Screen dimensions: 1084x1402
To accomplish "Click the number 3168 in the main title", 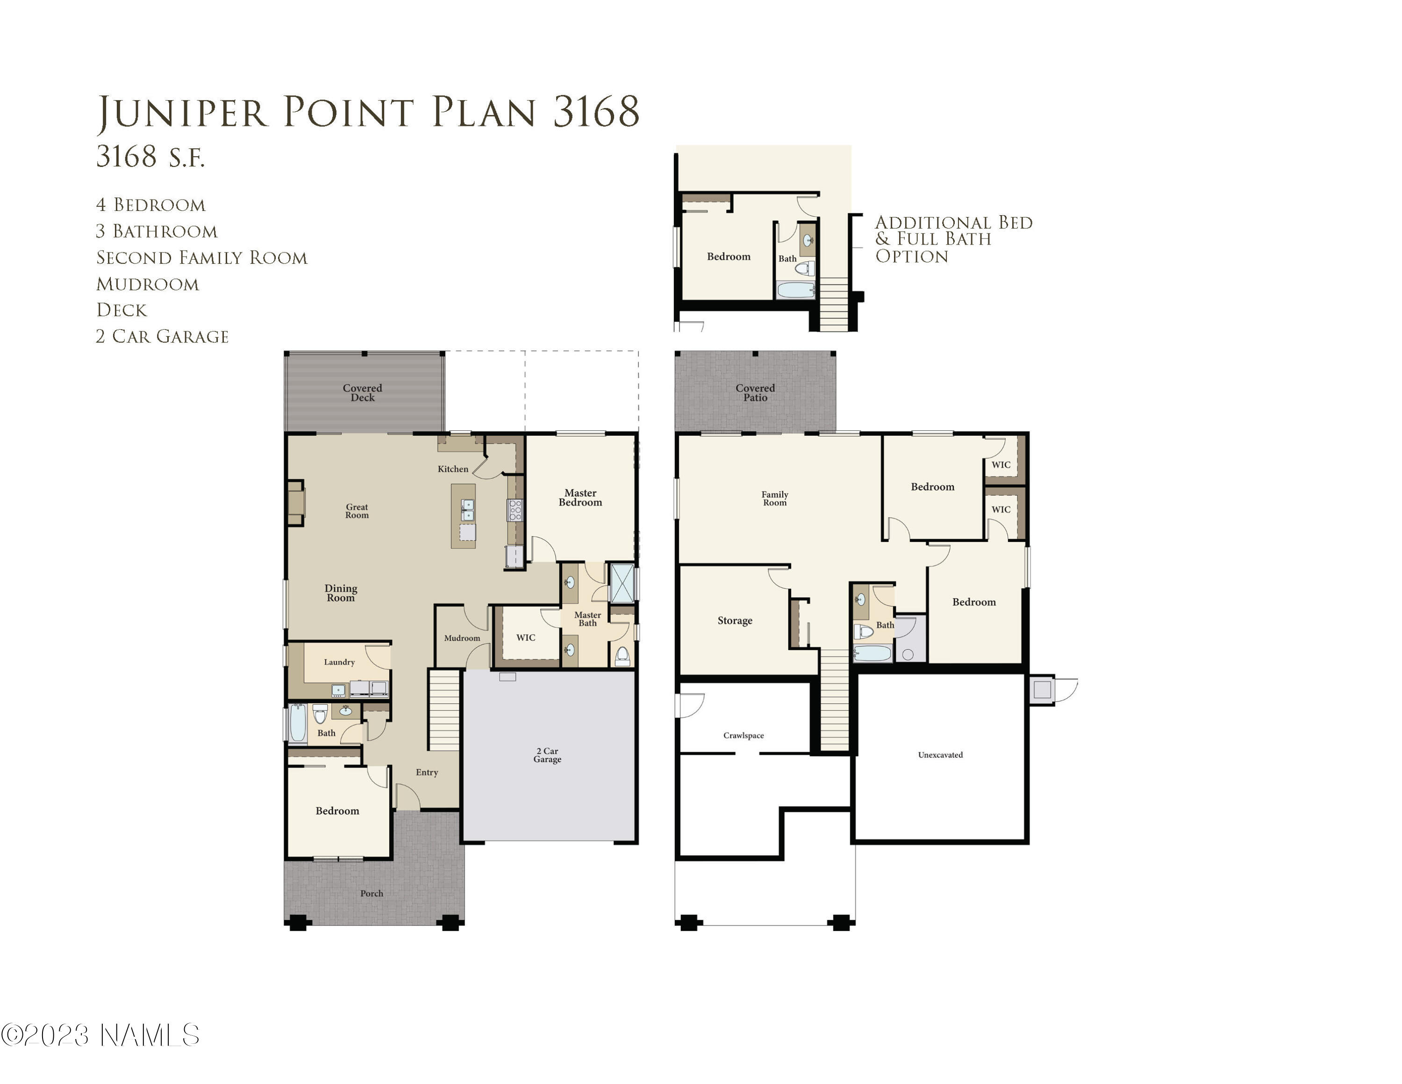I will pos(596,112).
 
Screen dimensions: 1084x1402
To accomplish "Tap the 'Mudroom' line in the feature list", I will pos(148,284).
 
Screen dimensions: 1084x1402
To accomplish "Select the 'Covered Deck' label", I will pos(362,392).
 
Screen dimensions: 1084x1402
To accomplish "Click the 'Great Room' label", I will pos(357,511).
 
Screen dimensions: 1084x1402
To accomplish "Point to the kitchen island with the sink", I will pos(464,516).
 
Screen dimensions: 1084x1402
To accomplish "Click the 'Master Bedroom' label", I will pos(580,498).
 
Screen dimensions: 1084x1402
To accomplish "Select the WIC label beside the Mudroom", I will pos(526,638).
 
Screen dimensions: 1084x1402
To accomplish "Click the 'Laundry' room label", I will pos(339,662).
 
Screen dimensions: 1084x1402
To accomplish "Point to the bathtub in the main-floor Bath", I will pos(298,724).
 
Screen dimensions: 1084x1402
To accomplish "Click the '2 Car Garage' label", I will pos(548,755).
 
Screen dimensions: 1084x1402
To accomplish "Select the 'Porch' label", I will pos(372,893).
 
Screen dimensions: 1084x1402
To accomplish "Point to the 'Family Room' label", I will pos(775,499).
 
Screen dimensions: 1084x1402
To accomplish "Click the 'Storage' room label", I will pos(735,621).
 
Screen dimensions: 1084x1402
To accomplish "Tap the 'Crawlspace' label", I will pos(744,735).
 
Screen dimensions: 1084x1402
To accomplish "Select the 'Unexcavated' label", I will pos(940,755).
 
